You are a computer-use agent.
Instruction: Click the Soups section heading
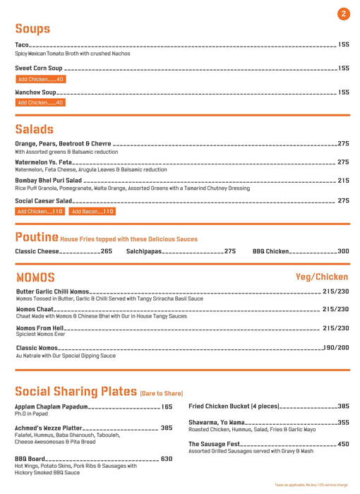tap(32, 29)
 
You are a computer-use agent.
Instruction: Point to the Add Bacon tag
tap(92, 211)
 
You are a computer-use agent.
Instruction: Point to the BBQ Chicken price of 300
tap(343, 251)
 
